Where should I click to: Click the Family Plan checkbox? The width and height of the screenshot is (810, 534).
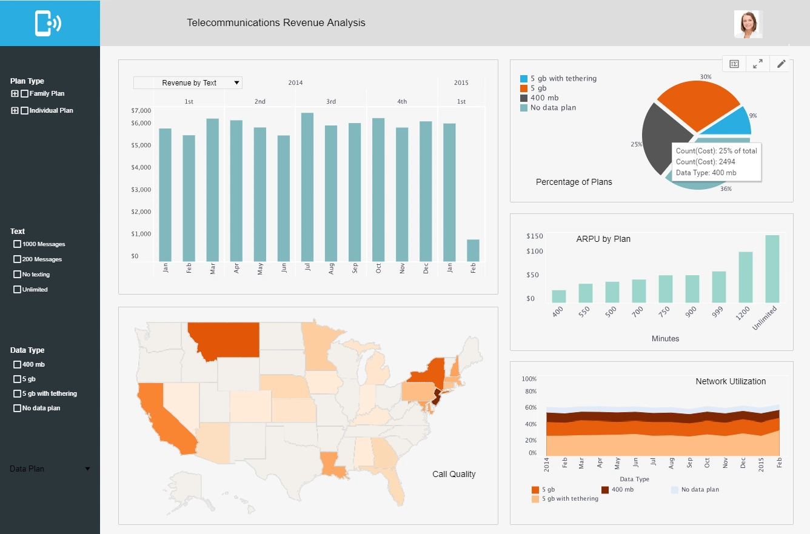pyautogui.click(x=24, y=94)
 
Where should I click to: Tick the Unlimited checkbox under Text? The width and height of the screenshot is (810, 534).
pyautogui.click(x=17, y=290)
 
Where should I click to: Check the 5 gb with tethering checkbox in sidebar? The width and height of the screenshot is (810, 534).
pyautogui.click(x=17, y=394)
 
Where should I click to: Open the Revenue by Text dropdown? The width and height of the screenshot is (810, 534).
pyautogui.click(x=188, y=83)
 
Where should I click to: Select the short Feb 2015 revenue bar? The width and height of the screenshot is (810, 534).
pyautogui.click(x=473, y=250)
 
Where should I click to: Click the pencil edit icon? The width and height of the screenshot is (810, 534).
pyautogui.click(x=782, y=64)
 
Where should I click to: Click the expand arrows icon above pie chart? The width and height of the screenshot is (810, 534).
pyautogui.click(x=758, y=64)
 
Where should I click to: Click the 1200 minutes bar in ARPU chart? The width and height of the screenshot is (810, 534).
pyautogui.click(x=745, y=277)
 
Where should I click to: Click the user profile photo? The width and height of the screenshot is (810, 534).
pyautogui.click(x=748, y=24)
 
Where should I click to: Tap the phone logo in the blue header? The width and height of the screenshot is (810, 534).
pyautogui.click(x=49, y=23)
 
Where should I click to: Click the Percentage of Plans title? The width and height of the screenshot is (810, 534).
pyautogui.click(x=574, y=182)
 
